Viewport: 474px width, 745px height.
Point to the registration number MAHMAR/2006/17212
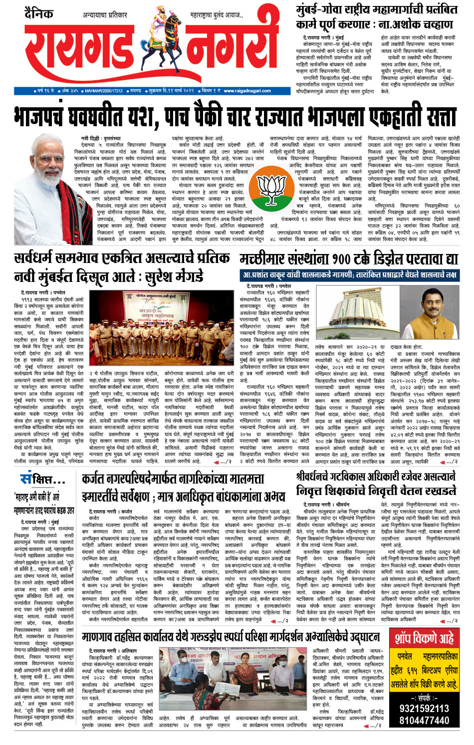(x=103, y=91)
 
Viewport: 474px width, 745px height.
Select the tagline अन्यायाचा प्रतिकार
(x=105, y=16)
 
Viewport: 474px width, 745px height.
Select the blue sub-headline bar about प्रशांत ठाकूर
(x=349, y=274)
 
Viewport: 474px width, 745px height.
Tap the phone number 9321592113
(x=425, y=709)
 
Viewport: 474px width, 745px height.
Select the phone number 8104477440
(x=425, y=721)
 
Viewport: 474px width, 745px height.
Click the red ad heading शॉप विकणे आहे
(x=425, y=638)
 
